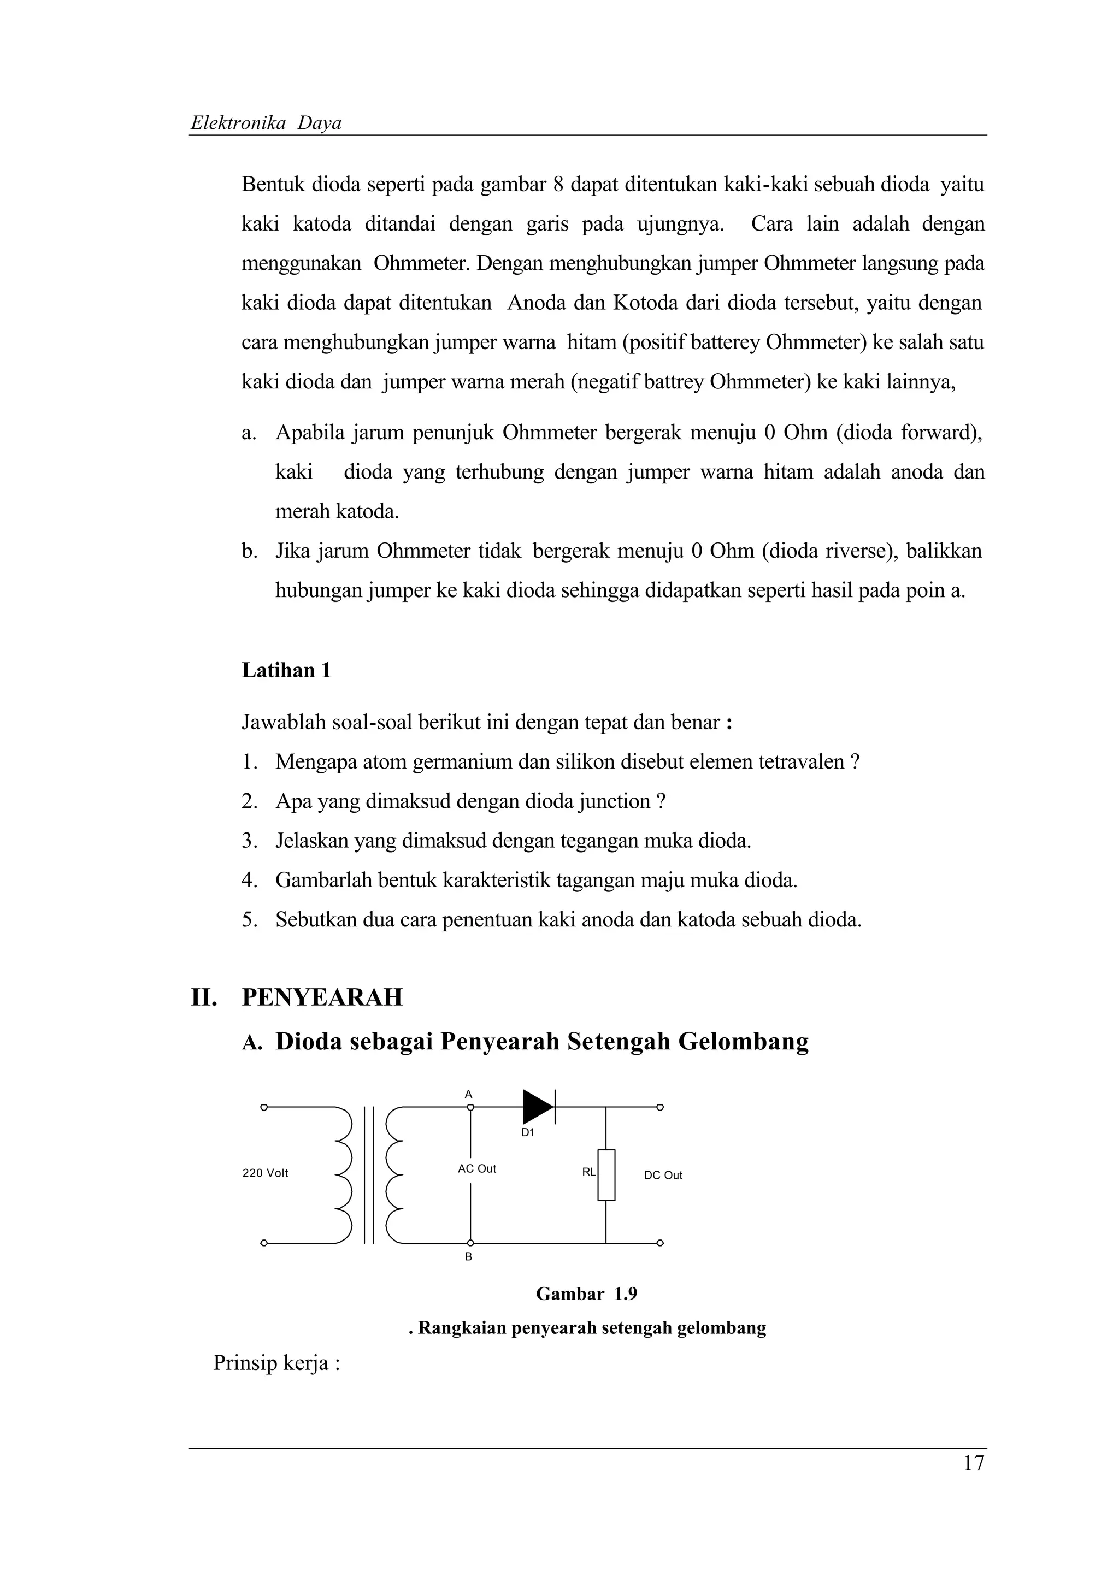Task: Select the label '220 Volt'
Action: pos(265,1173)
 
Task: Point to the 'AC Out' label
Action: pos(476,1168)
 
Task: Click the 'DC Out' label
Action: pos(663,1175)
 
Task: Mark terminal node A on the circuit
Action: pos(470,1107)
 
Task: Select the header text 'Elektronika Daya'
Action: pos(266,123)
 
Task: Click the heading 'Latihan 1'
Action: pos(286,670)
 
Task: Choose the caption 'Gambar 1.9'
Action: pos(586,1293)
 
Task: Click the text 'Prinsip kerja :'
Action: pos(276,1363)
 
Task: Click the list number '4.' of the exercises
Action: pos(250,881)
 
